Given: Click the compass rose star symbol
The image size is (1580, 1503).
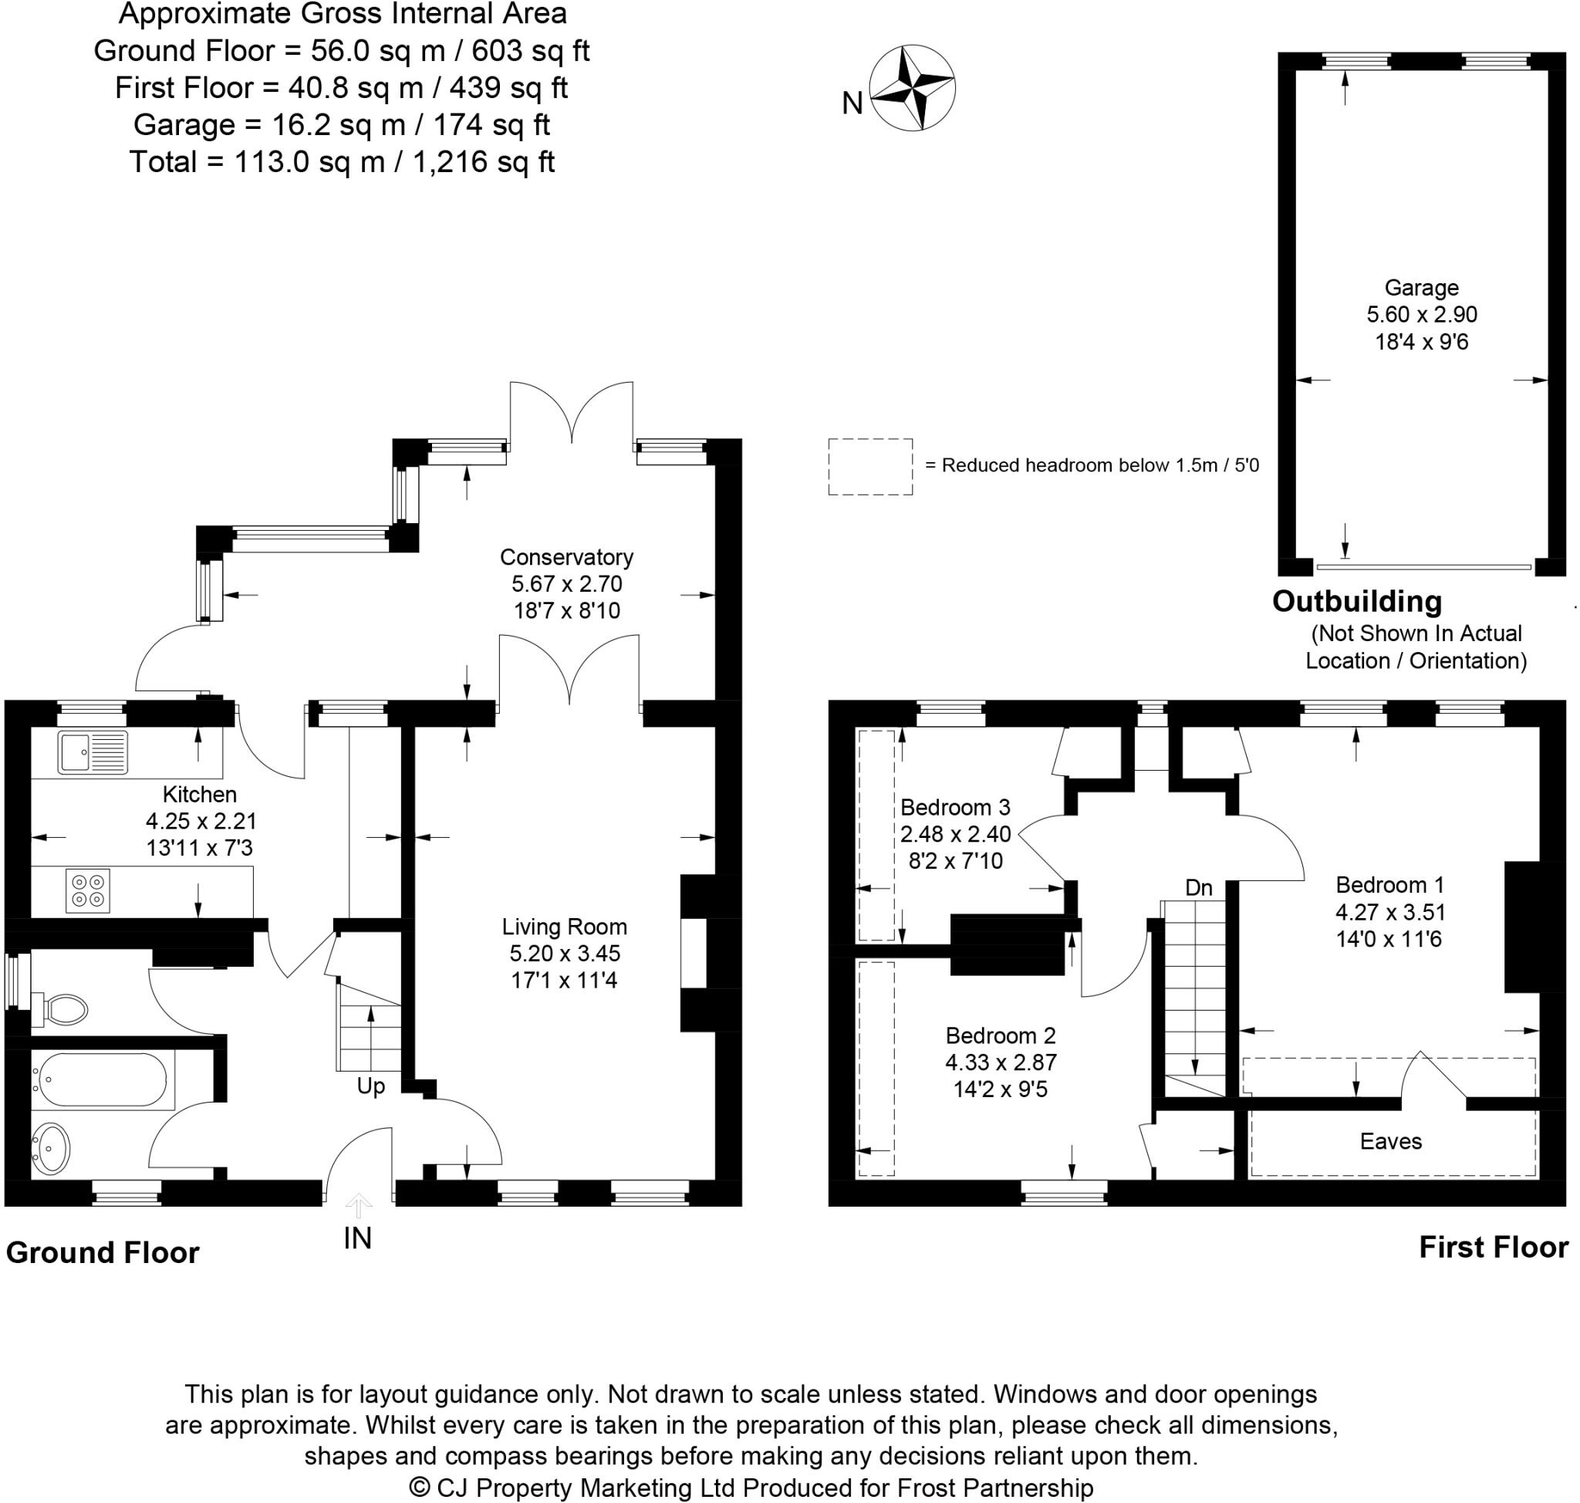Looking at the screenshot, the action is [x=912, y=87].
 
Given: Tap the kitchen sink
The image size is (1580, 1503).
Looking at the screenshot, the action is [x=92, y=753].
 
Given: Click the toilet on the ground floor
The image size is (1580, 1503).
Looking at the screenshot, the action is [x=59, y=1008].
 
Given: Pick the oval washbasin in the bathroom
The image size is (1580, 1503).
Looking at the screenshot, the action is [x=51, y=1149].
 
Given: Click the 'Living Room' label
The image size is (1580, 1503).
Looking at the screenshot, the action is [x=564, y=926].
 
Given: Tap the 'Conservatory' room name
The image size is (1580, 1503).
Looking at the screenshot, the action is [x=566, y=557].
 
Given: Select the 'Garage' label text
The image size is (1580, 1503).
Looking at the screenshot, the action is [x=1421, y=288].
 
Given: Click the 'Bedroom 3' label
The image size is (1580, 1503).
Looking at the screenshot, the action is [x=955, y=807].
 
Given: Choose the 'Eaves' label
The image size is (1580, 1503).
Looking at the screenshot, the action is [x=1391, y=1141].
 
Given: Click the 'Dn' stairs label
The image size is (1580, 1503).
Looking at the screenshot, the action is [x=1199, y=888].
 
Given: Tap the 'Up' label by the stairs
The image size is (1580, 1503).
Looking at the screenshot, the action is [x=371, y=1086].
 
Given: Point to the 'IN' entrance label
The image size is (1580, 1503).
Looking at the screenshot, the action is [x=357, y=1238].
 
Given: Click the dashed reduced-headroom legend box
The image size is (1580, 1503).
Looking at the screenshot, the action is [x=870, y=466].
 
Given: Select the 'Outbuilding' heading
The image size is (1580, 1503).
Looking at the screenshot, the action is [x=1357, y=601].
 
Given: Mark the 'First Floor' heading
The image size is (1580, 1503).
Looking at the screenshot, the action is [x=1494, y=1248].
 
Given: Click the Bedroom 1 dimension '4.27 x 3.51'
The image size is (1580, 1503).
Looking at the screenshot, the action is [x=1390, y=912].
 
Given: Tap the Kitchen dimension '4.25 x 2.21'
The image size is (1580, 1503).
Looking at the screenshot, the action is [x=201, y=821].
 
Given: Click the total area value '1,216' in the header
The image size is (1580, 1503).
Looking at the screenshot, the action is [x=450, y=162].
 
